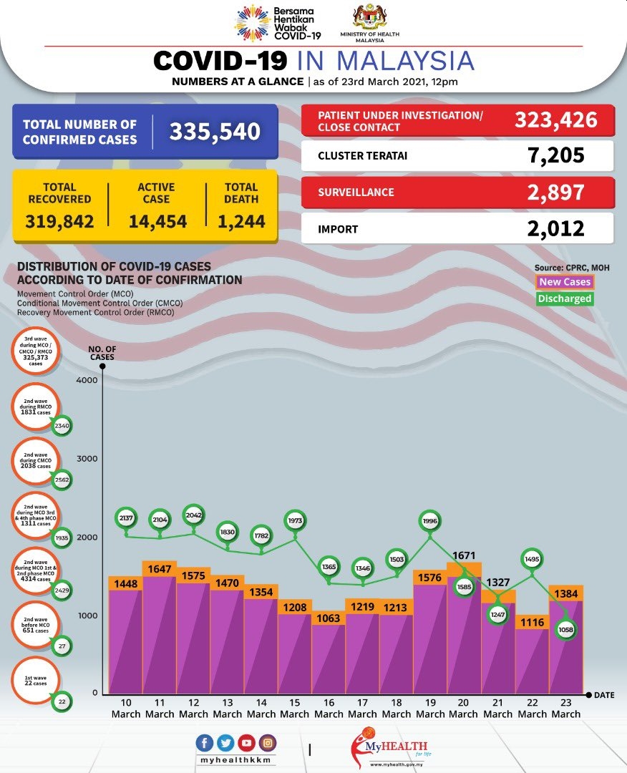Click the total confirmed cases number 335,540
215,132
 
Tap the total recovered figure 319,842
59,221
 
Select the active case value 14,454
157,221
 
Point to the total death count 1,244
241,221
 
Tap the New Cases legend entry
565,282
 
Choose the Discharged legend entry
565,298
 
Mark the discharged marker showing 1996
430,521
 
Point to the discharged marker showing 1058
565,630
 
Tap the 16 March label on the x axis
329,708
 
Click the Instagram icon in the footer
267,743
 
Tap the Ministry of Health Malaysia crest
369,18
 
